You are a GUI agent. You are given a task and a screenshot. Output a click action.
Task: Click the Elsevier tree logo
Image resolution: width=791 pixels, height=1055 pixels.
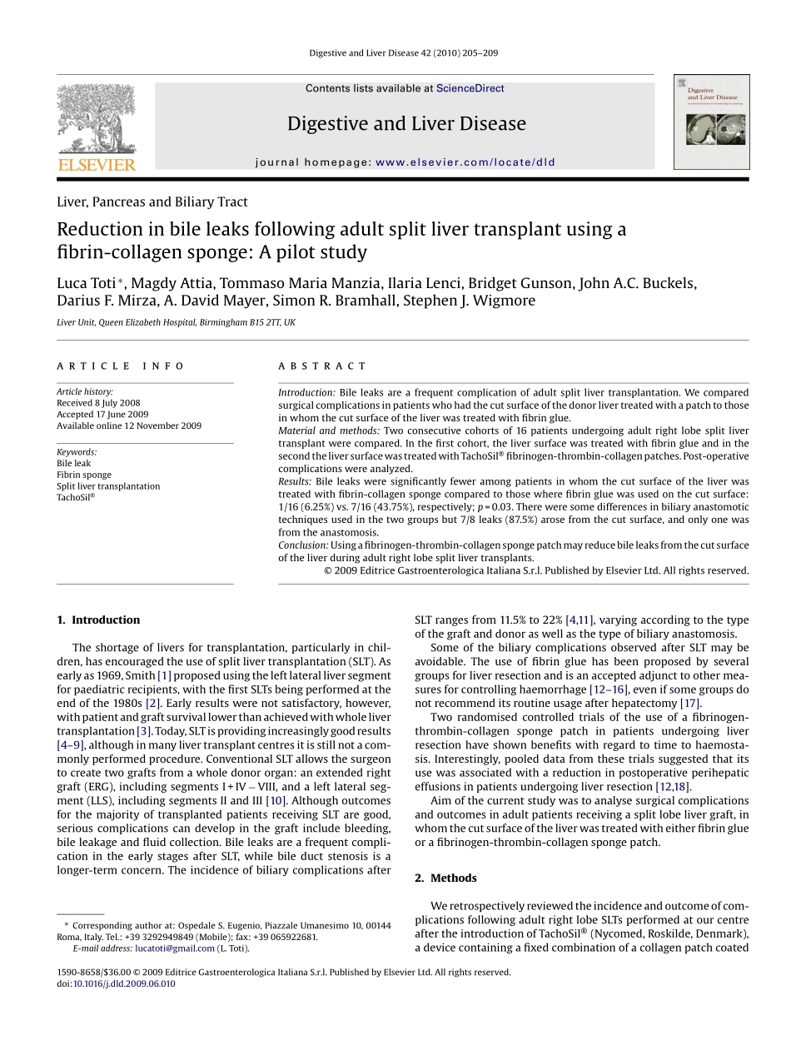pos(96,127)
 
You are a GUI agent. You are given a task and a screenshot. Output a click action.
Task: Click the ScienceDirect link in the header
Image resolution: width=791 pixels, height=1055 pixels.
pos(470,88)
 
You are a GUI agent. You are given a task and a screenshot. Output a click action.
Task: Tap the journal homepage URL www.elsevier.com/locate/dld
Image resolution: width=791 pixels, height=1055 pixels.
pos(465,162)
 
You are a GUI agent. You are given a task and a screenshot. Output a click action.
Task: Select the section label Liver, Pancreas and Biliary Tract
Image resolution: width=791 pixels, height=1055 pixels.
pos(152,202)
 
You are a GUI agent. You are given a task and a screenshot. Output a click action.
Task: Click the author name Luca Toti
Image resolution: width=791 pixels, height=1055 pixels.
pos(86,283)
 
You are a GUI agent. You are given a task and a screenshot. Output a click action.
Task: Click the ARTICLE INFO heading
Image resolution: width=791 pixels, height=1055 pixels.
pos(121,366)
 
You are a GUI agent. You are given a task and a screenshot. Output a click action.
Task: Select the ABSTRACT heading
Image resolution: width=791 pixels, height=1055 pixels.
pos(322,366)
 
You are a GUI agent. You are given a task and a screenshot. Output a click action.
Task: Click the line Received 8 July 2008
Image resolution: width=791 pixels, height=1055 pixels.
pos(98,403)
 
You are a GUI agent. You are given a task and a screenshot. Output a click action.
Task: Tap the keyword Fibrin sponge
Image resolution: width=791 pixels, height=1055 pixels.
pos(84,475)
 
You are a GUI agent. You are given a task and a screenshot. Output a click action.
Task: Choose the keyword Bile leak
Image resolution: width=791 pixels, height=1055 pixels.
pos(74,463)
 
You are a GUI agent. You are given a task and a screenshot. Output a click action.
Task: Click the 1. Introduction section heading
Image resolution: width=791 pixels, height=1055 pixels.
pos(98,620)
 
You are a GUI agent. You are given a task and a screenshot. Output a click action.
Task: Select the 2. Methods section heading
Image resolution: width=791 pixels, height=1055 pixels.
pos(445,878)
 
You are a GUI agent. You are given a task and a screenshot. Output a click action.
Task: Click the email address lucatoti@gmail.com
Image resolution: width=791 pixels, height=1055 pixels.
pos(175,948)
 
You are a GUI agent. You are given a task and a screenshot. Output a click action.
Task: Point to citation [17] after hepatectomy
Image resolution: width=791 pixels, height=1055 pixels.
pos(689,703)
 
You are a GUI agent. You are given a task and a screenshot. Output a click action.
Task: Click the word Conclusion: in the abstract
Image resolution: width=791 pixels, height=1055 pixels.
pos(303,545)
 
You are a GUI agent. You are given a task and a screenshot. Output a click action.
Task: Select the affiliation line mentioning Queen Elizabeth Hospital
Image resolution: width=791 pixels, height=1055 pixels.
pos(176,322)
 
